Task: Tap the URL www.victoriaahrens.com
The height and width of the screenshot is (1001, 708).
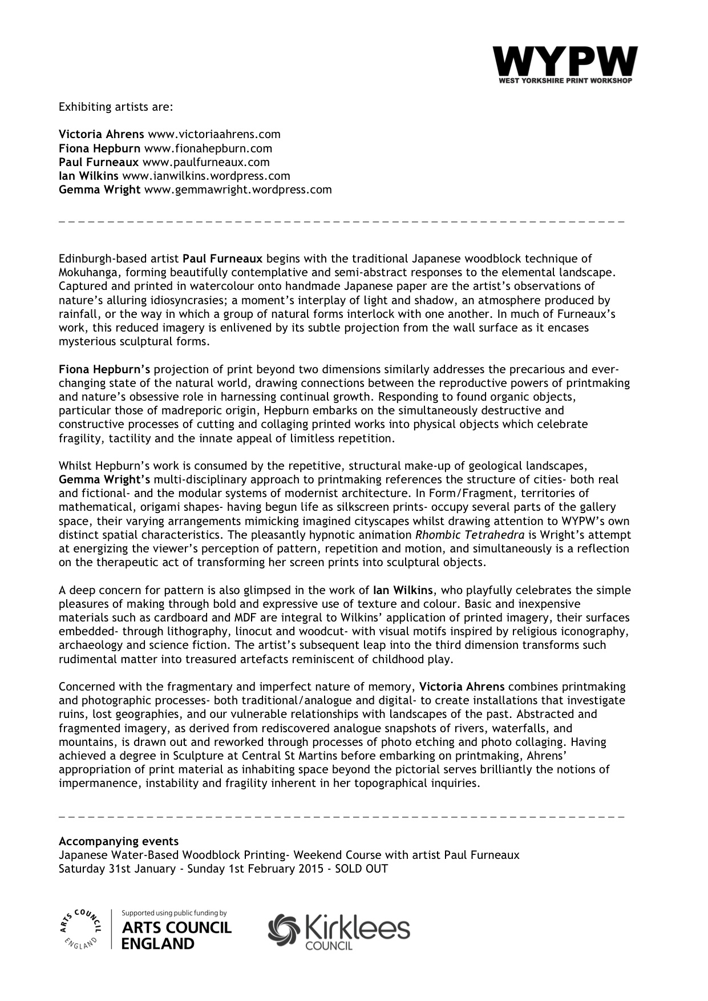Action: click(214, 135)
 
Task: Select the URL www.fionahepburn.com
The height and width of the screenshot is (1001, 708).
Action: click(208, 148)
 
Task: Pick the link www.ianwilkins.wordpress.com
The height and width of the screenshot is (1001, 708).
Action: click(206, 176)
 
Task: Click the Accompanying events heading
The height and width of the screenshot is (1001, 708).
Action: click(119, 842)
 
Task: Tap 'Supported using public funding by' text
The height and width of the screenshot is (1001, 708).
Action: click(175, 913)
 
